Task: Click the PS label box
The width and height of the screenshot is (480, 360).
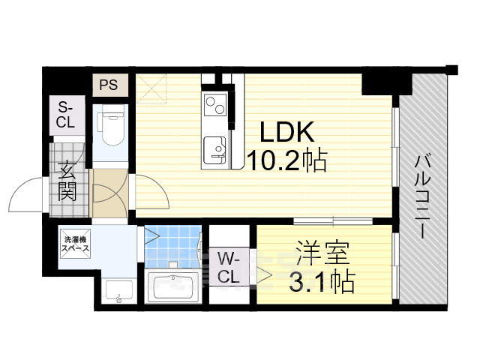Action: (x=108, y=84)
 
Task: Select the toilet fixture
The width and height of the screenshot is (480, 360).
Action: (x=112, y=128)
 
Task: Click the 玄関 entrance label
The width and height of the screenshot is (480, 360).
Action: (x=67, y=182)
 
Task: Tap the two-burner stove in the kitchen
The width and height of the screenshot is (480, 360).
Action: (x=214, y=103)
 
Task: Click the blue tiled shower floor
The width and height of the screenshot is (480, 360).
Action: (x=172, y=246)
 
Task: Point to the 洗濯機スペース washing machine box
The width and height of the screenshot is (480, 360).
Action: (x=76, y=242)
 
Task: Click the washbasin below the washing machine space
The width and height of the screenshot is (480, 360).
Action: (x=118, y=289)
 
